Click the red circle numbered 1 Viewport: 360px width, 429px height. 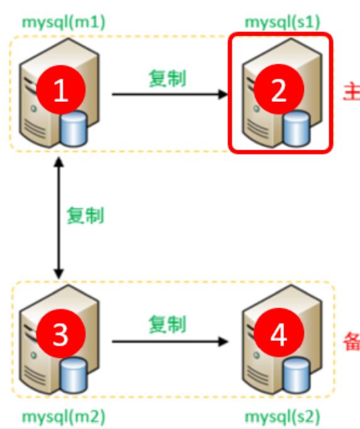click(60, 92)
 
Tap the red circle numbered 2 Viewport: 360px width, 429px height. click(278, 92)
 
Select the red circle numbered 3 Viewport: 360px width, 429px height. click(60, 335)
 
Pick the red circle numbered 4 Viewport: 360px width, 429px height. click(278, 335)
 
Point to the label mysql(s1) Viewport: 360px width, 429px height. click(281, 23)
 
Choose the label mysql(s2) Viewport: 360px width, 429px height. click(281, 416)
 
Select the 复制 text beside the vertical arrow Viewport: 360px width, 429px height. click(85, 216)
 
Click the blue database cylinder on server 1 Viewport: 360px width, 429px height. click(74, 129)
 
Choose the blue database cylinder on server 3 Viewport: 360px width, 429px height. click(74, 375)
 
